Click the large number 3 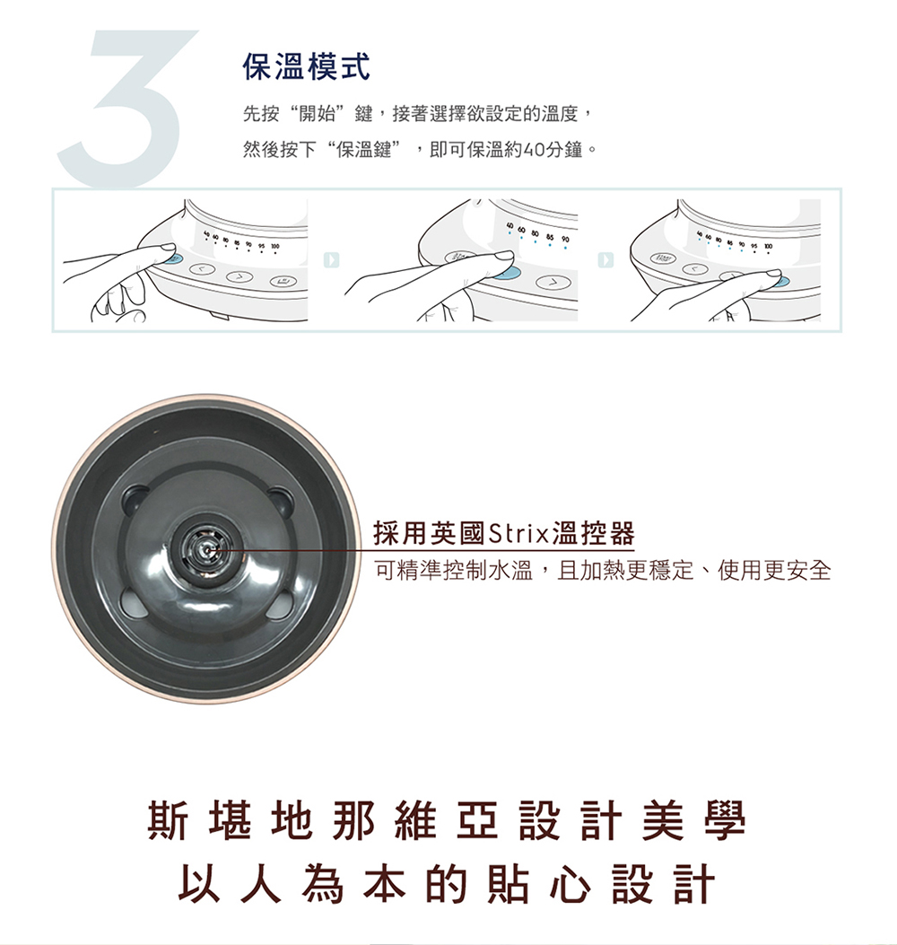pyautogui.click(x=126, y=108)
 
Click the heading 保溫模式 pyautogui.click(x=307, y=65)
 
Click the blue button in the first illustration pyautogui.click(x=174, y=259)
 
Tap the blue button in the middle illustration pyautogui.click(x=503, y=273)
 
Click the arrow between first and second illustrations pyautogui.click(x=332, y=259)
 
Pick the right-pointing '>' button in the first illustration pyautogui.click(x=239, y=276)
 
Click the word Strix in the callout pyautogui.click(x=518, y=534)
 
